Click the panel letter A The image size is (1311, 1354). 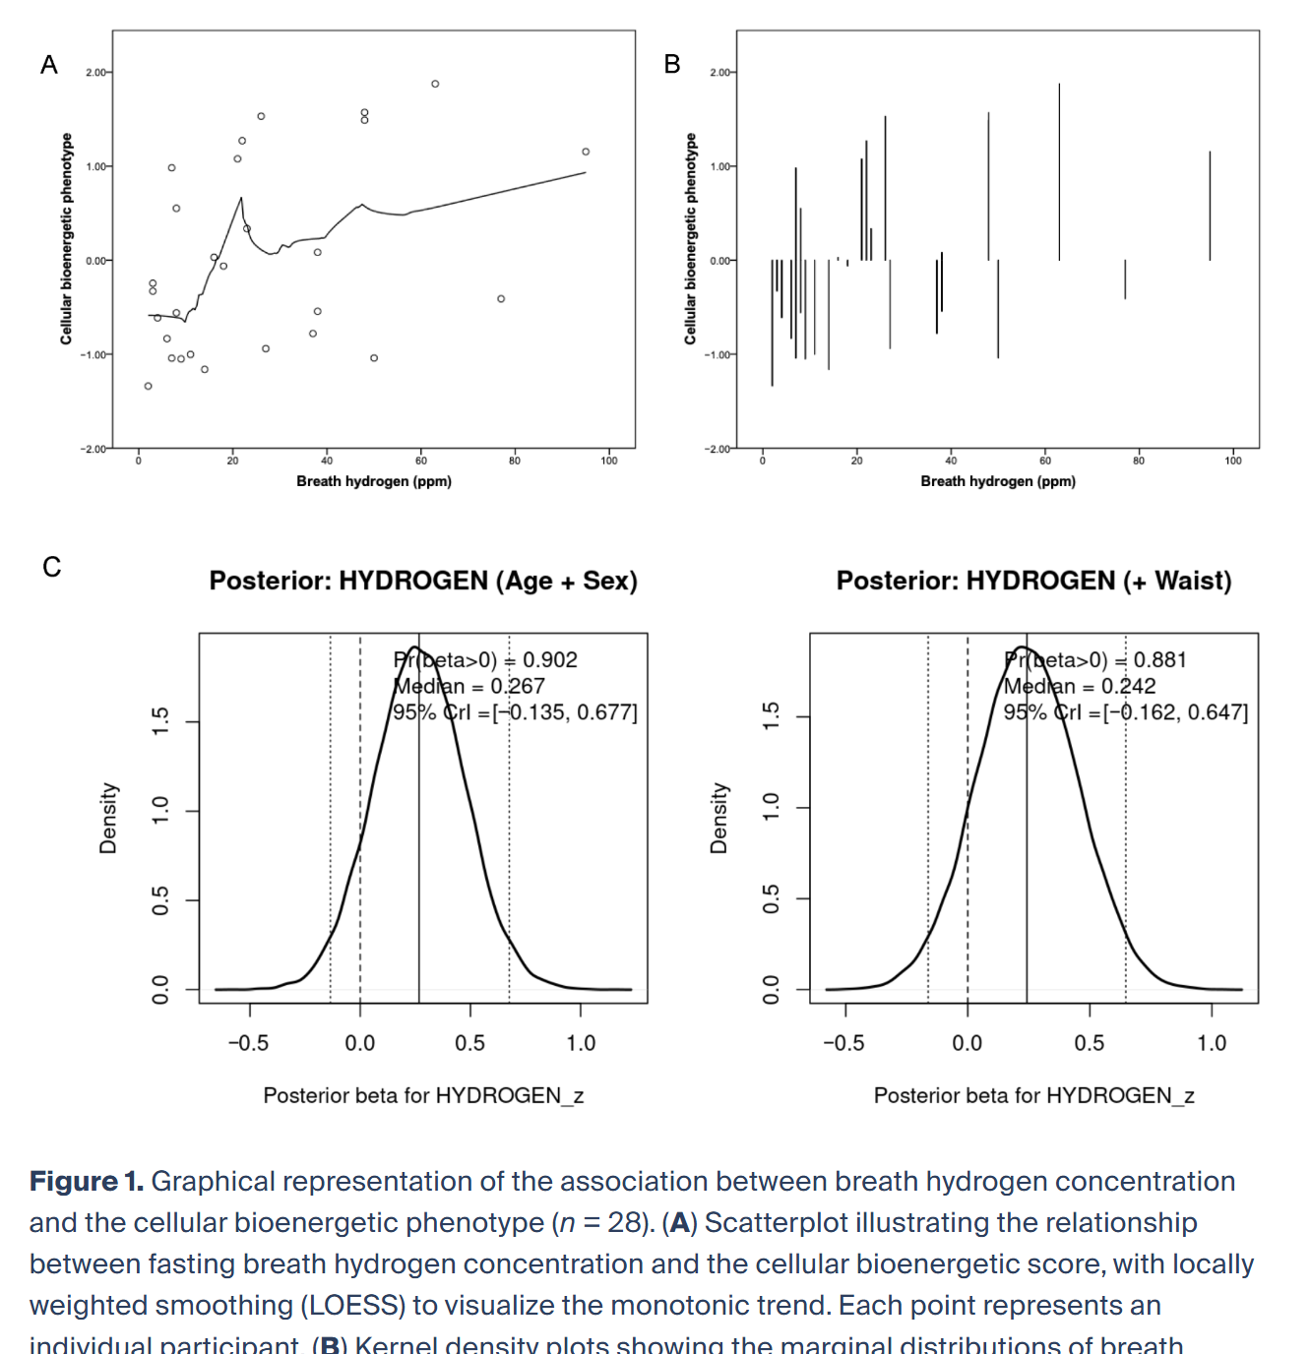coord(49,65)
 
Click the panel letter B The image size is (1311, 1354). coord(672,64)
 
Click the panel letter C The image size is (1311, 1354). coord(52,567)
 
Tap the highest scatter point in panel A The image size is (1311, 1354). coord(435,84)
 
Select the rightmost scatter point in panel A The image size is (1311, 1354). coord(586,152)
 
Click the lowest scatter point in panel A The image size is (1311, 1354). coord(149,386)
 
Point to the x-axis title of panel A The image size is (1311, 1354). coord(374,481)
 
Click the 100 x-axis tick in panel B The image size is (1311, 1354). coord(1233,461)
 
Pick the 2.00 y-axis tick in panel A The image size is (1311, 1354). coord(96,73)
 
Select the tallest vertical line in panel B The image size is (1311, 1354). coord(1059,172)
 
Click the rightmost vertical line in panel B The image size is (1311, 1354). coord(1210,206)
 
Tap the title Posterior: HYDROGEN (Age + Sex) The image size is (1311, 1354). coord(423,581)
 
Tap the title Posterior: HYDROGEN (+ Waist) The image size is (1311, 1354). coord(1033,581)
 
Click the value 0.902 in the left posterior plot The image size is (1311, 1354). coord(550,660)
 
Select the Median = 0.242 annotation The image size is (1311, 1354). coord(1080,686)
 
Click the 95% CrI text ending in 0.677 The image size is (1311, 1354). coord(516,712)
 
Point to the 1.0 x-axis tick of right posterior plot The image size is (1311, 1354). coord(1212,1043)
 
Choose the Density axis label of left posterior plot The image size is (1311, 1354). coord(108,819)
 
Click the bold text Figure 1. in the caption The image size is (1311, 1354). coord(87,1181)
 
